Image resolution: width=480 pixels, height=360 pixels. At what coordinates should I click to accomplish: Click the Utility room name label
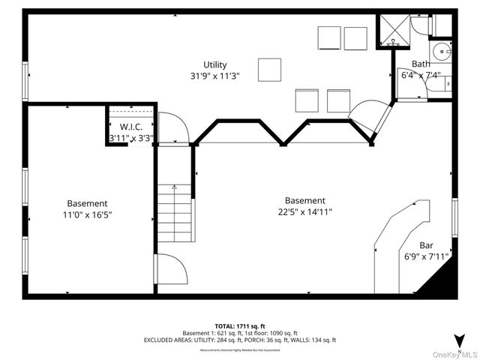pos(214,64)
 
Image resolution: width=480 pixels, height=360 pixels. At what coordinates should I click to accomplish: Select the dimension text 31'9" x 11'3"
pos(214,76)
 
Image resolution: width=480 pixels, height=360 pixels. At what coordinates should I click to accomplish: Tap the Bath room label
pos(421,64)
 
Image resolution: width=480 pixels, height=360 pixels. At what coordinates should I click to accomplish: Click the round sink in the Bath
pos(444,52)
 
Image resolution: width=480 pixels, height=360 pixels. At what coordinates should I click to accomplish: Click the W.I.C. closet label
pos(131,127)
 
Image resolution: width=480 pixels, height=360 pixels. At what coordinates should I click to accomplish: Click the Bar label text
pos(426,245)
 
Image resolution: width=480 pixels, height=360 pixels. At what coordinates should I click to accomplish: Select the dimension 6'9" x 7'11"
pos(426,256)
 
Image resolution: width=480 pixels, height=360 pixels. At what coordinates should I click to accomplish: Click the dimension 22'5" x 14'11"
pos(305,212)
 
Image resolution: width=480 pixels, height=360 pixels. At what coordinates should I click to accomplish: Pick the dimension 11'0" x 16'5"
pos(88,214)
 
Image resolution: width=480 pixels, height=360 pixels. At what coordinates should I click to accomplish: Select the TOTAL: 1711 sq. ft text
pos(240,325)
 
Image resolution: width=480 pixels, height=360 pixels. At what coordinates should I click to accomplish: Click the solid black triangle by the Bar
pos(442,283)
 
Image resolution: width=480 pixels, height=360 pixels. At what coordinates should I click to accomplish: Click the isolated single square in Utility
pos(269,70)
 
